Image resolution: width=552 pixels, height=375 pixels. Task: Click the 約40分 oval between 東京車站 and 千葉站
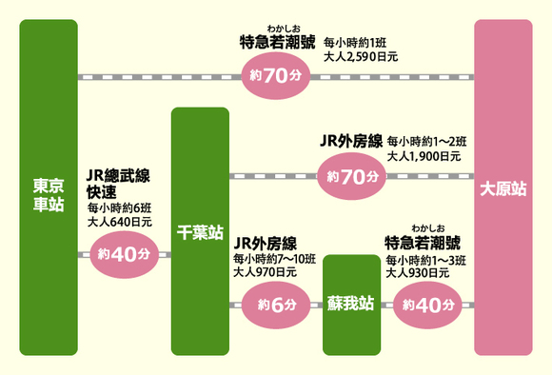[x=125, y=254]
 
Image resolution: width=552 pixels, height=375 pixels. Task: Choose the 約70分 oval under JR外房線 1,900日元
[x=352, y=176]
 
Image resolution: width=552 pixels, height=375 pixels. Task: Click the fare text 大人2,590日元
[x=361, y=57]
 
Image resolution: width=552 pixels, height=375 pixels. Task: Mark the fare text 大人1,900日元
[x=424, y=155]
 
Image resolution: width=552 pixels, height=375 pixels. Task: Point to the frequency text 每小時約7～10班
[x=274, y=258]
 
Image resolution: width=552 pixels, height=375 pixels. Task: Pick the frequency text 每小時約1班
[x=354, y=43]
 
